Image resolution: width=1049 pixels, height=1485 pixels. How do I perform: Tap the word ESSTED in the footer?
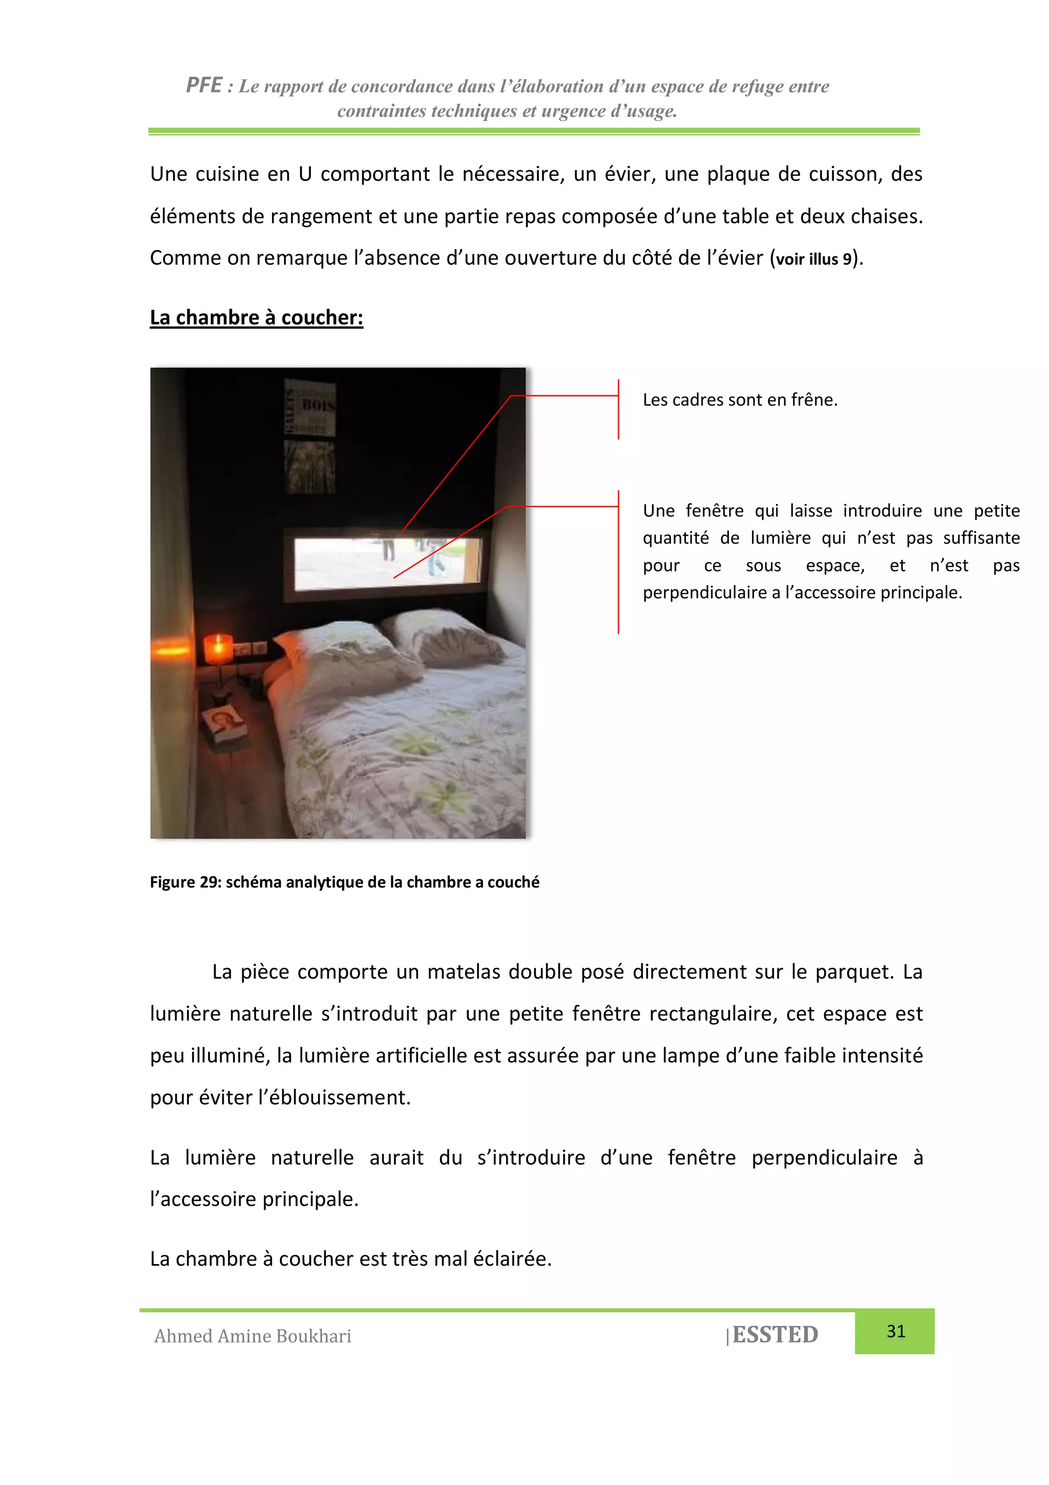[x=775, y=1334]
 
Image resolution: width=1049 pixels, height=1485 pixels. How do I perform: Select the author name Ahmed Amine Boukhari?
[x=253, y=1336]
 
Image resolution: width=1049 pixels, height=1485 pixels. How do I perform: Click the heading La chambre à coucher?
[x=257, y=318]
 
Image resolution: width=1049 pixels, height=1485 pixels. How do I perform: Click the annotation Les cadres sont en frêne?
[x=740, y=400]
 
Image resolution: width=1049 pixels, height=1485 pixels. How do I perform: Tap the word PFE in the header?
[x=203, y=86]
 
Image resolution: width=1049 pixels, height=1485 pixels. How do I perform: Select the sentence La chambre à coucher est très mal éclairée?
[x=350, y=1258]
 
